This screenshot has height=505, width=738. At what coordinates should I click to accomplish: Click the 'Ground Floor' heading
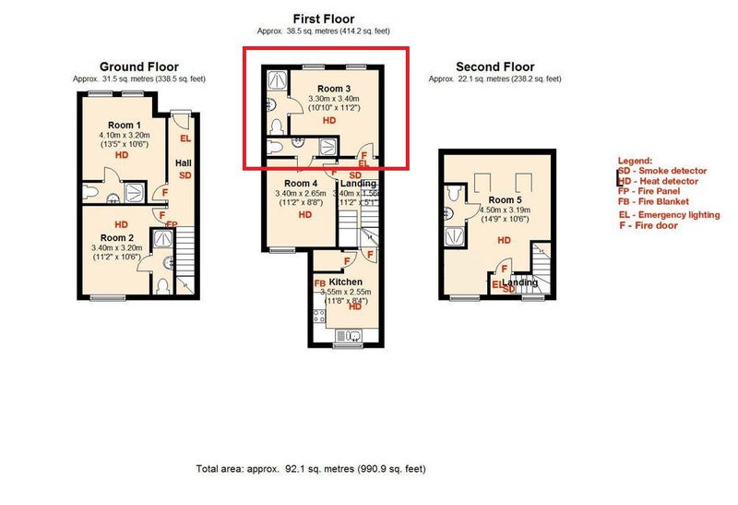pos(138,66)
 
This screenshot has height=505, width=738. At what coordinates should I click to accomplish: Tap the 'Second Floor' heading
pos(494,66)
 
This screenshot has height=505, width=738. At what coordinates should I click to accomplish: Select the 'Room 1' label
pos(124,125)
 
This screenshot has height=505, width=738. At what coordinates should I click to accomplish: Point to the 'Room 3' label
pos(329,89)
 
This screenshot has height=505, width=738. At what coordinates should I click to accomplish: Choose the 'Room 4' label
pos(301,184)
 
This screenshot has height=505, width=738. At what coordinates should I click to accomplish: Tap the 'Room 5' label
pos(505,199)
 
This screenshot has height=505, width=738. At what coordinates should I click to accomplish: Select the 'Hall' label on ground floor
pos(184,163)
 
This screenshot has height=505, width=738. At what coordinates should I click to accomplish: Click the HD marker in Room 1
pos(121,156)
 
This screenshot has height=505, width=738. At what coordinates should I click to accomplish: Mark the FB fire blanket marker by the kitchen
pos(319,283)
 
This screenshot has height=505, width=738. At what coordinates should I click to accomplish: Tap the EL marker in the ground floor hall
pos(184,139)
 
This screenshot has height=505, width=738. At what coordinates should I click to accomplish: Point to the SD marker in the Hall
pos(184,175)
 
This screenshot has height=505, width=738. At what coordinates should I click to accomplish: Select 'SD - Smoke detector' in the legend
pos(661,171)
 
